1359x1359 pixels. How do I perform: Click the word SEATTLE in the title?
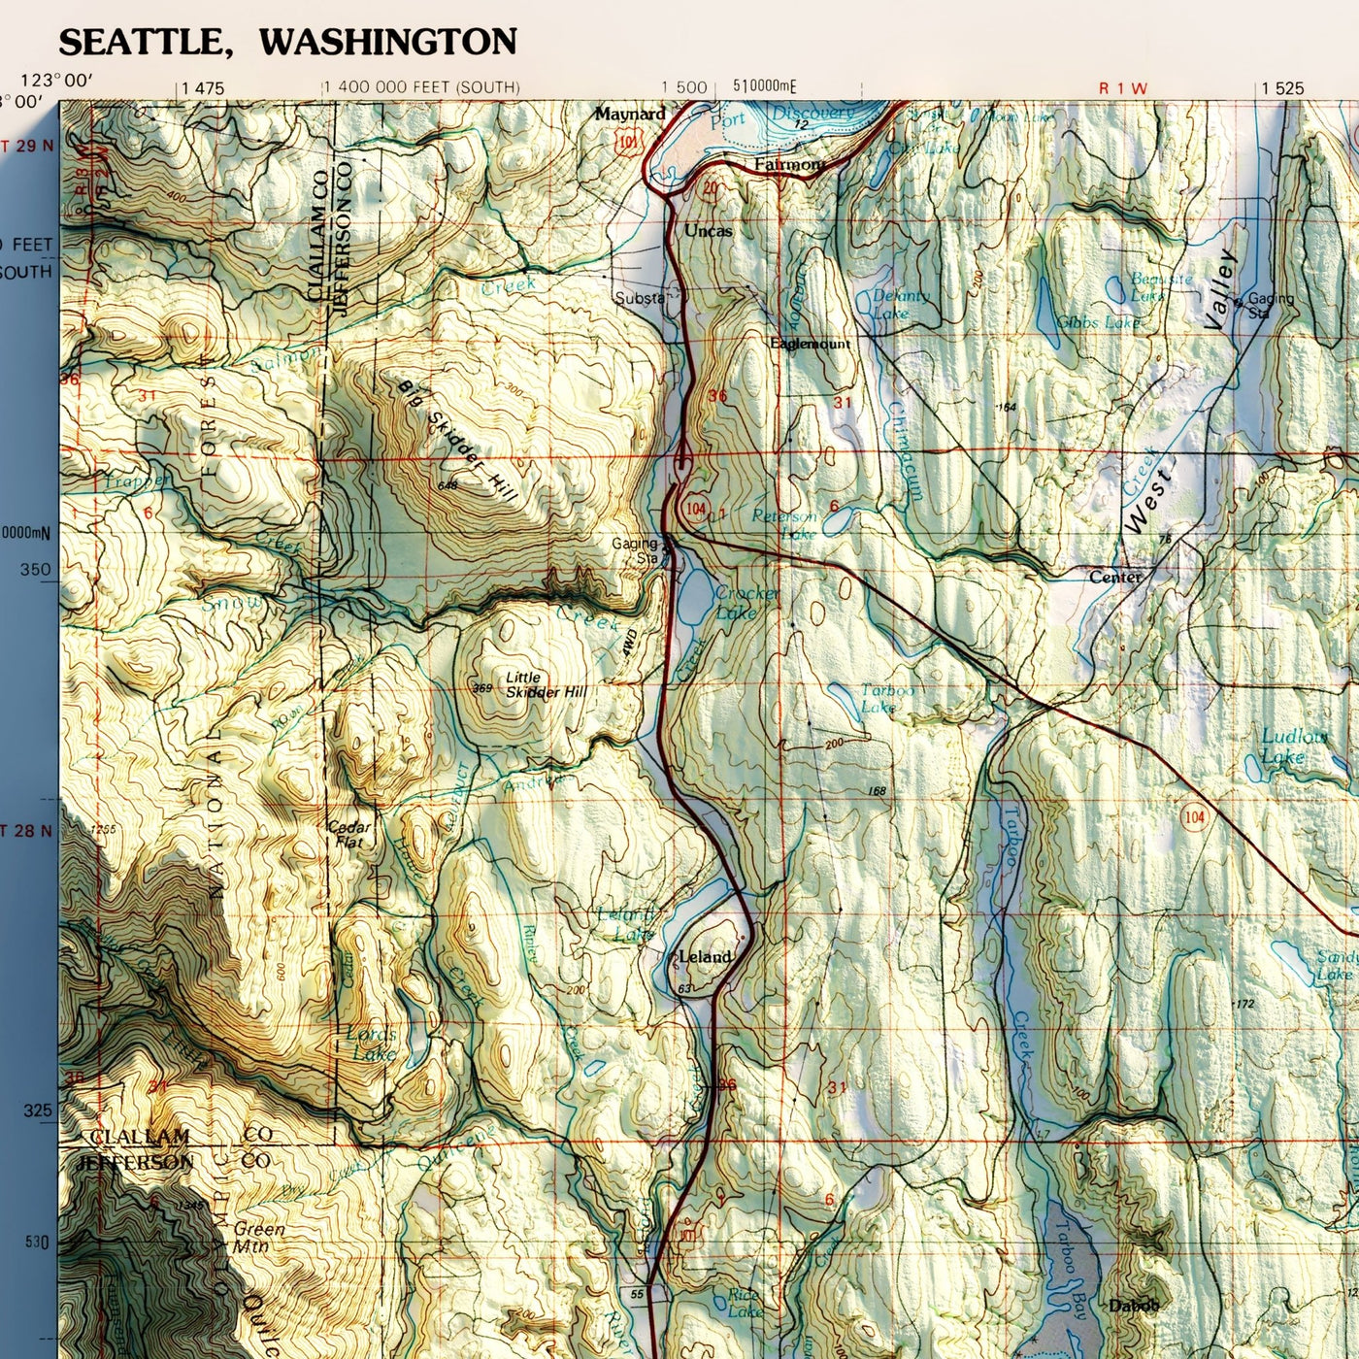pos(140,42)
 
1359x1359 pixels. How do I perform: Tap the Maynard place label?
pos(630,114)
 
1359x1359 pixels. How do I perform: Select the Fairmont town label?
pos(789,165)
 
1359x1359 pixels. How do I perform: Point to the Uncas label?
pos(709,231)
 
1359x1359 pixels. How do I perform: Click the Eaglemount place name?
pos(810,344)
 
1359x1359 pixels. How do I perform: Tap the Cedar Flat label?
pos(349,834)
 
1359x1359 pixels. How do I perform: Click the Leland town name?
pos(705,956)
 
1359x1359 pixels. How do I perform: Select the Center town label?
pos(1115,577)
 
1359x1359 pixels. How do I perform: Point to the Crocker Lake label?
pos(746,602)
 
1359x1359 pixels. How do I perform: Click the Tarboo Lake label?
pos(885,698)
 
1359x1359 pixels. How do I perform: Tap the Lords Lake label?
pos(371,1044)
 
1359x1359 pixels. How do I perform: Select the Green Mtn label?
pos(259,1236)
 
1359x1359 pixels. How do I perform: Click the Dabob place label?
pos(1133,1306)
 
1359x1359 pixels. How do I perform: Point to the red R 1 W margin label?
pos(1122,88)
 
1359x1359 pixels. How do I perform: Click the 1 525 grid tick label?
pos(1282,88)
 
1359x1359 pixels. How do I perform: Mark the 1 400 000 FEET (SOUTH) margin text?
pos(421,87)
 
